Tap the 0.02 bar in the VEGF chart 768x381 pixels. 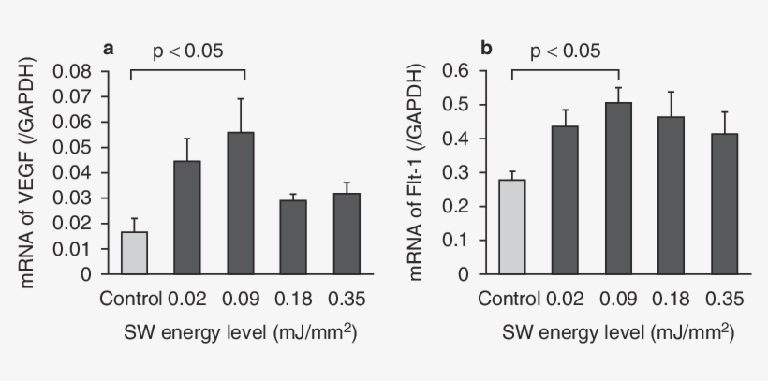pos(187,217)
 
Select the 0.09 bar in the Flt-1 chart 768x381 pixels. pos(618,188)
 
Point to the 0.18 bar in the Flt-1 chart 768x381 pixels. pos(671,196)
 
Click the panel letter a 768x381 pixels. pos(109,48)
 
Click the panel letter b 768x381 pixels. pos(486,48)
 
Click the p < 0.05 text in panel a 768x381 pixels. pos(187,51)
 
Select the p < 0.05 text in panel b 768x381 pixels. pos(566,51)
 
